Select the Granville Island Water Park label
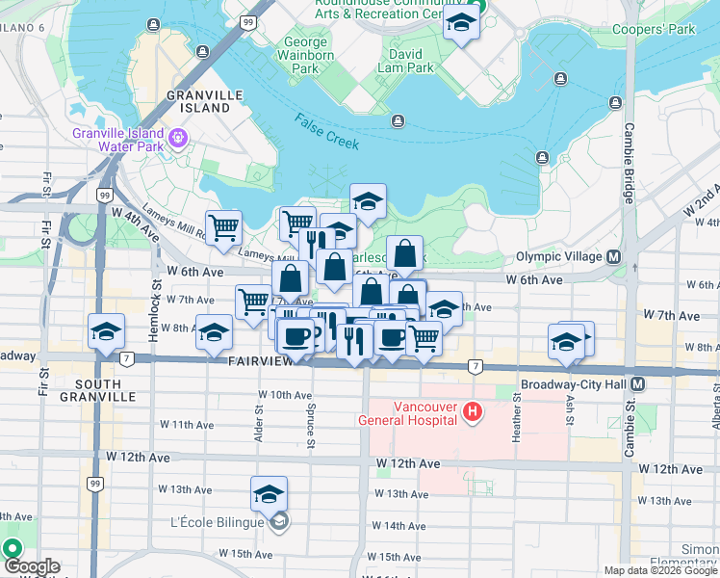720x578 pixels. (118, 140)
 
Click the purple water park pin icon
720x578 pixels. (177, 139)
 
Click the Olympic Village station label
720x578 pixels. (558, 256)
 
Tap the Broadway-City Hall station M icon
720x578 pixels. (638, 382)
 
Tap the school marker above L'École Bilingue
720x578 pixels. (269, 495)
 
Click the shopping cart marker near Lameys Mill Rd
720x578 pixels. (223, 228)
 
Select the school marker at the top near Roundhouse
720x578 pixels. (461, 23)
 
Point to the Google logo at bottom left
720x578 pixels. (31, 566)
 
